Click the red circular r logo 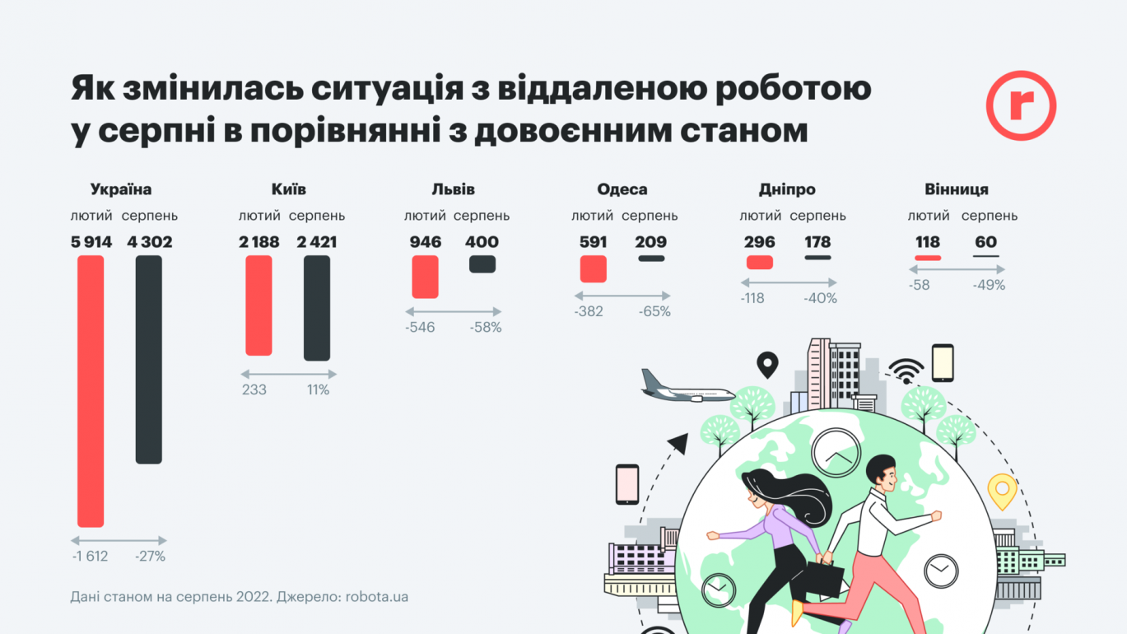pyautogui.click(x=1021, y=105)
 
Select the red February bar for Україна pyautogui.click(x=91, y=391)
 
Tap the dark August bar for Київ pyautogui.click(x=317, y=308)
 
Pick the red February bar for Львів pyautogui.click(x=425, y=277)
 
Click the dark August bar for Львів pyautogui.click(x=482, y=263)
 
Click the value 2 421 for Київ pyautogui.click(x=317, y=242)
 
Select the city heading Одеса pyautogui.click(x=622, y=189)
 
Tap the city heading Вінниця pyautogui.click(x=957, y=189)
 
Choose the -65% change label pyautogui.click(x=654, y=311)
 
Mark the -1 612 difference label pyautogui.click(x=90, y=556)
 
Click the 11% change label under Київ pyautogui.click(x=318, y=389)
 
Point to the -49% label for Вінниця pyautogui.click(x=989, y=285)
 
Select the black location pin pyautogui.click(x=767, y=363)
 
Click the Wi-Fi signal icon pyautogui.click(x=906, y=371)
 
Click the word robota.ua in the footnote pyautogui.click(x=377, y=596)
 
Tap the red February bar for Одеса pyautogui.click(x=593, y=268)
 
